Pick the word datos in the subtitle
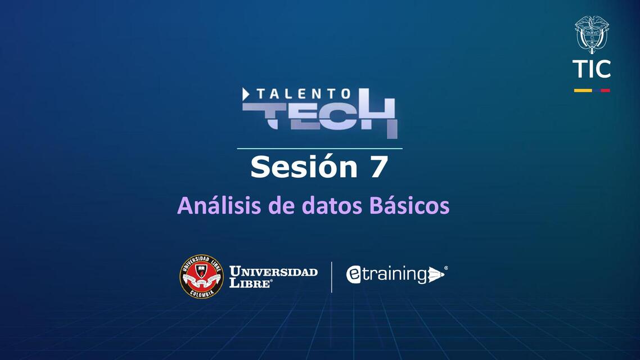click(x=334, y=206)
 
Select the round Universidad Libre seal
click(x=201, y=276)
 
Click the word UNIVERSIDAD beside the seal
click(x=274, y=272)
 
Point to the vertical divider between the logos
click(x=332, y=277)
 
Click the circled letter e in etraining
click(x=354, y=274)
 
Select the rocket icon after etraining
click(x=436, y=274)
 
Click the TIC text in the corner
click(x=592, y=69)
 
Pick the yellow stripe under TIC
click(x=583, y=90)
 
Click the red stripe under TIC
click(x=605, y=90)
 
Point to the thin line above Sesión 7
click(x=319, y=148)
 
